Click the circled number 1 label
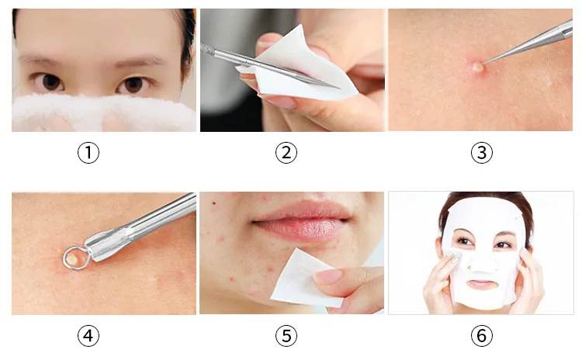(x=88, y=153)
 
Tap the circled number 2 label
(x=286, y=153)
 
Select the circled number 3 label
(x=482, y=153)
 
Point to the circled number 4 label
(x=88, y=335)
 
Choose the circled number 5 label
(x=286, y=335)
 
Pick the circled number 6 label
(x=482, y=335)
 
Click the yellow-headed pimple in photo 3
(x=477, y=67)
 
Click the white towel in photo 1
(x=104, y=112)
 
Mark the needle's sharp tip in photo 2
(x=340, y=88)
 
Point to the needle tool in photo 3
(x=527, y=43)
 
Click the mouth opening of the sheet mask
(x=481, y=285)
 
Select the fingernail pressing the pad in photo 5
(x=328, y=276)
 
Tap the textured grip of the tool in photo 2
(x=207, y=50)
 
